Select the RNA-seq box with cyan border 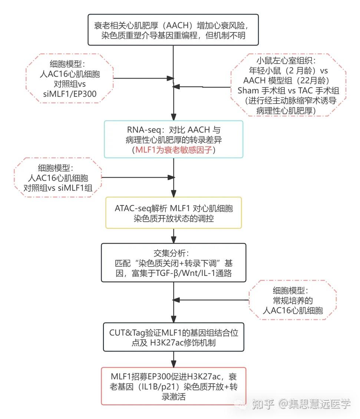[x=174, y=139]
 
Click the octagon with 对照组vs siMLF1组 [x=57, y=177]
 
